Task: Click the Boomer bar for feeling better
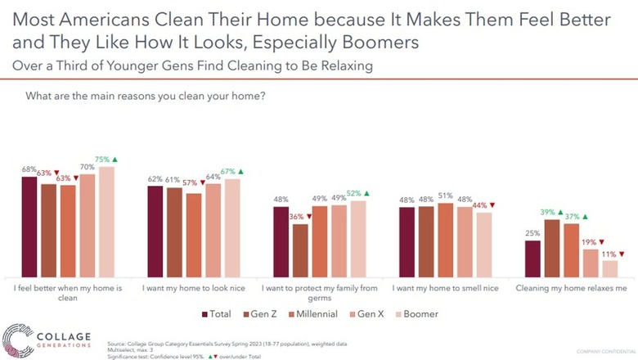(107, 221)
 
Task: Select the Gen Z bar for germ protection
(300, 250)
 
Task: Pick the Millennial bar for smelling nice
(445, 239)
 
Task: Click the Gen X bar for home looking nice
(213, 229)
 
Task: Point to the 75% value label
(101, 160)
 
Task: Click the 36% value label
(296, 217)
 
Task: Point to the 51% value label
(445, 196)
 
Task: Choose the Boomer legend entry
(415, 313)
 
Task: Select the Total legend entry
(217, 313)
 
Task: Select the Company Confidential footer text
(603, 351)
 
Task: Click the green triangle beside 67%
(240, 171)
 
